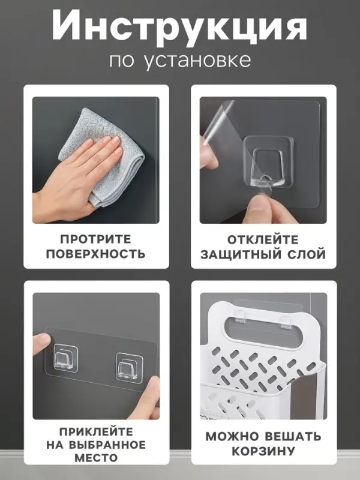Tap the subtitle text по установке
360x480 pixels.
(x=180, y=61)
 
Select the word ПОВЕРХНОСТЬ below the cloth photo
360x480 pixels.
(x=95, y=254)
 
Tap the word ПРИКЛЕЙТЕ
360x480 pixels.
(x=95, y=431)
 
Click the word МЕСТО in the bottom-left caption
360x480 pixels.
(x=95, y=458)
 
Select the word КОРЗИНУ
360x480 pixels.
(x=263, y=451)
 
